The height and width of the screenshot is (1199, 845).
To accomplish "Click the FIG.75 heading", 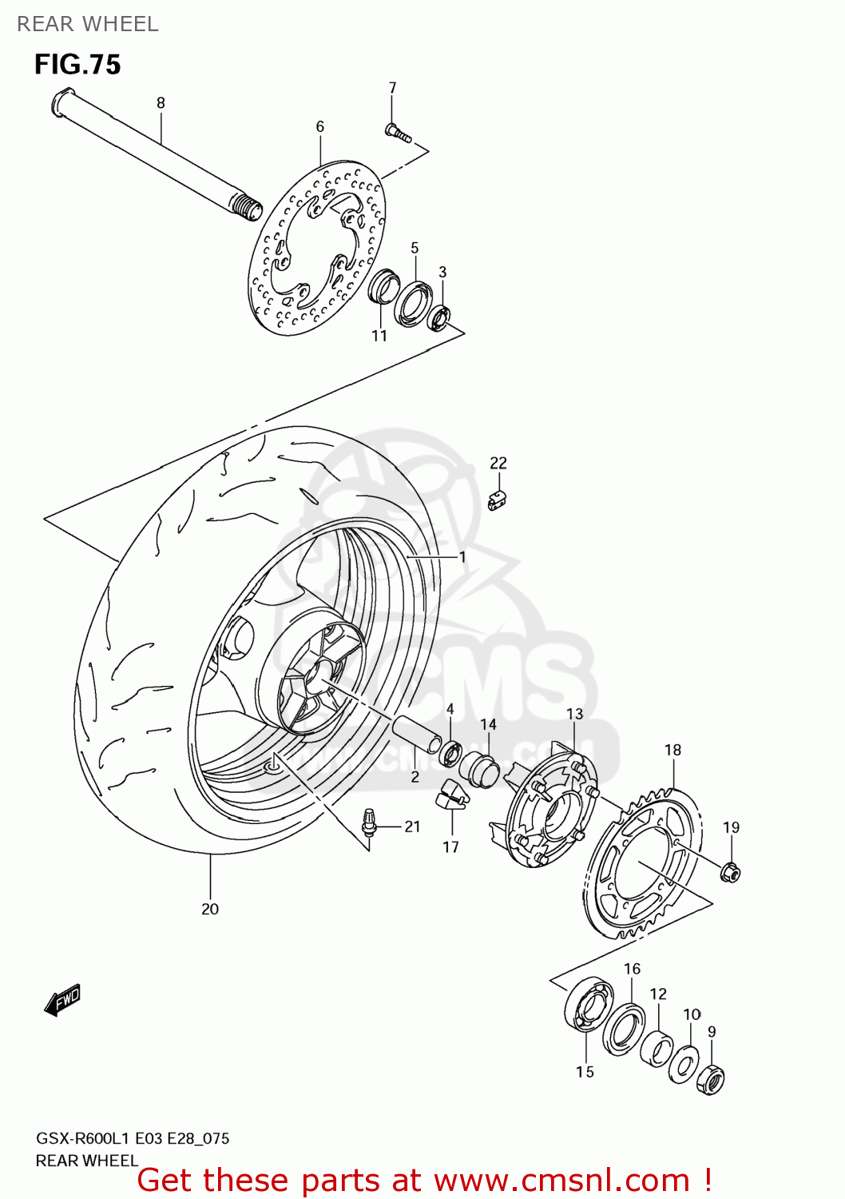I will pos(77,65).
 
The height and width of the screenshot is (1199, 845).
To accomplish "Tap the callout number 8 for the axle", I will pos(161,103).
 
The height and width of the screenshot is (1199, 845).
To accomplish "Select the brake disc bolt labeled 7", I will pos(397,133).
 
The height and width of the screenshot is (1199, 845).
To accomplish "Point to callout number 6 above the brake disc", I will pos(319,127).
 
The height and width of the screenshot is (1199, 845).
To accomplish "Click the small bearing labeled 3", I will pos(440,317).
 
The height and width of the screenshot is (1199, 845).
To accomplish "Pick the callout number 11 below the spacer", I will pos(379,336).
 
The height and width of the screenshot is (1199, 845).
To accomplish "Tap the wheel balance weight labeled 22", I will pos(497,501).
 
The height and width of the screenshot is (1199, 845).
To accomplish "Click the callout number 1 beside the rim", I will pos(462,556).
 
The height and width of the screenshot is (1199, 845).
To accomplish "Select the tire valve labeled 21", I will pos(369,823).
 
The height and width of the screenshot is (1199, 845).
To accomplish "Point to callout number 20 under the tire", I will pos(210,909).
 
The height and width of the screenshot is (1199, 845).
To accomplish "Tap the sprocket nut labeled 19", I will pos(729,872).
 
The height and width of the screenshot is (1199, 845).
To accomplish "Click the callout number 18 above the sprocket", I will pos(672,750).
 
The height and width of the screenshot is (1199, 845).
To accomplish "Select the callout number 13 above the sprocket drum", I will pos(574,714).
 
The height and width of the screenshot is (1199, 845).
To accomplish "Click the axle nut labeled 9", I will pos(710,1081).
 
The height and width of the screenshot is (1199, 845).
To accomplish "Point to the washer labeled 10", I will pos(683,1064).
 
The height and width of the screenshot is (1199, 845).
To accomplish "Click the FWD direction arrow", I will pos(62,1000).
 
